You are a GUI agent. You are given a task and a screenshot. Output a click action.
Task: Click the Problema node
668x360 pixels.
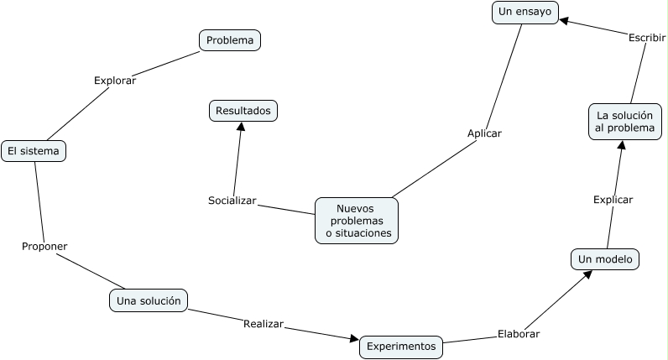pyautogui.click(x=230, y=39)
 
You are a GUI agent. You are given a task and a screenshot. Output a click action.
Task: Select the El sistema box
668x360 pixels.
pyautogui.click(x=33, y=151)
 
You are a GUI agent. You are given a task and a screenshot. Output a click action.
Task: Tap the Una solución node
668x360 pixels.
pyautogui.click(x=149, y=300)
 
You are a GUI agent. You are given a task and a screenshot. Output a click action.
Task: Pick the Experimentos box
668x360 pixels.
pyautogui.click(x=401, y=346)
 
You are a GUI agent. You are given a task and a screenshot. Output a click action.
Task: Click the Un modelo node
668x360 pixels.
pyautogui.click(x=605, y=259)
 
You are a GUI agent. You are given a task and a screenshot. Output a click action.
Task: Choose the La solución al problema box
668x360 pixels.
pyautogui.click(x=625, y=121)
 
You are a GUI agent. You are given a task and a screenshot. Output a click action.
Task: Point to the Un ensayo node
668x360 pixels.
pyautogui.click(x=524, y=12)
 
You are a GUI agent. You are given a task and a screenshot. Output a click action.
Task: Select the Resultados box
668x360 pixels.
pyautogui.click(x=243, y=110)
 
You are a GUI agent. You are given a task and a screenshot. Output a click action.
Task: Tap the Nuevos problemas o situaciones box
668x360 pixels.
pyautogui.click(x=357, y=221)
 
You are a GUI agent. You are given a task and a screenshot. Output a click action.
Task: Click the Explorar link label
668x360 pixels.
pyautogui.click(x=115, y=81)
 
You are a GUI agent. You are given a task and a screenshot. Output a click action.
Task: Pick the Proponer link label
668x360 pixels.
pyautogui.click(x=44, y=246)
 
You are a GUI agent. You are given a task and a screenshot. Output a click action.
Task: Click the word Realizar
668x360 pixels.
pyautogui.click(x=264, y=323)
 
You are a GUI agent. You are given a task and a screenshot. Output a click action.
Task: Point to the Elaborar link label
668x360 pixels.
pyautogui.click(x=519, y=333)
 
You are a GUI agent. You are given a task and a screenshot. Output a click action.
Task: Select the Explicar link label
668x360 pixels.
pyautogui.click(x=613, y=200)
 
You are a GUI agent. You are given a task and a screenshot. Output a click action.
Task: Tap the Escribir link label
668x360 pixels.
pyautogui.click(x=646, y=37)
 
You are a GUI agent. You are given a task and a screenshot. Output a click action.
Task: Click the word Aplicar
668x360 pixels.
pyautogui.click(x=484, y=133)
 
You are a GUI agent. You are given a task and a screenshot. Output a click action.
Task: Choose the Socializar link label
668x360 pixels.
pyautogui.click(x=232, y=201)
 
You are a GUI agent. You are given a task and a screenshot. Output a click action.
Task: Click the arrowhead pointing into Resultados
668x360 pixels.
pyautogui.click(x=241, y=126)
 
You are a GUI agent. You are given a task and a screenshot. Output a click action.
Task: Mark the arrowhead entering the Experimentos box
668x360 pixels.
pyautogui.click(x=354, y=340)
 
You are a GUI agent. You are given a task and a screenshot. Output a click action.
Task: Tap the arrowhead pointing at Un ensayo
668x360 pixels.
pyautogui.click(x=565, y=19)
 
